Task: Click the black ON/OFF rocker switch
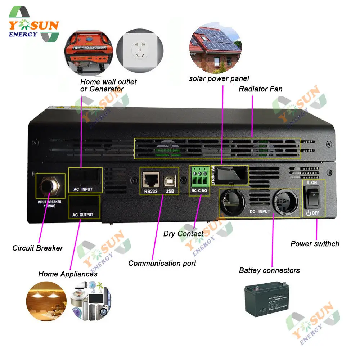tap(314, 198)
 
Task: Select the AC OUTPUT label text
tap(83, 215)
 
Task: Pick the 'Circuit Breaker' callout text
tap(37, 248)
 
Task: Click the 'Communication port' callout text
tap(162, 263)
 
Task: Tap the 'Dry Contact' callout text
tap(183, 234)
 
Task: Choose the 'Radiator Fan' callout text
tap(261, 89)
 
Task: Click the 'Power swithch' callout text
tap(315, 244)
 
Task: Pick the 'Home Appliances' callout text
tap(68, 274)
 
